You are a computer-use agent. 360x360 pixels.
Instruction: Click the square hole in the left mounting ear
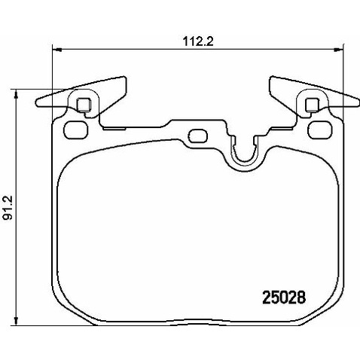coord(84,104)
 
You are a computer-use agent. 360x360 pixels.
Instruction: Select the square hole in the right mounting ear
coord(312,104)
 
